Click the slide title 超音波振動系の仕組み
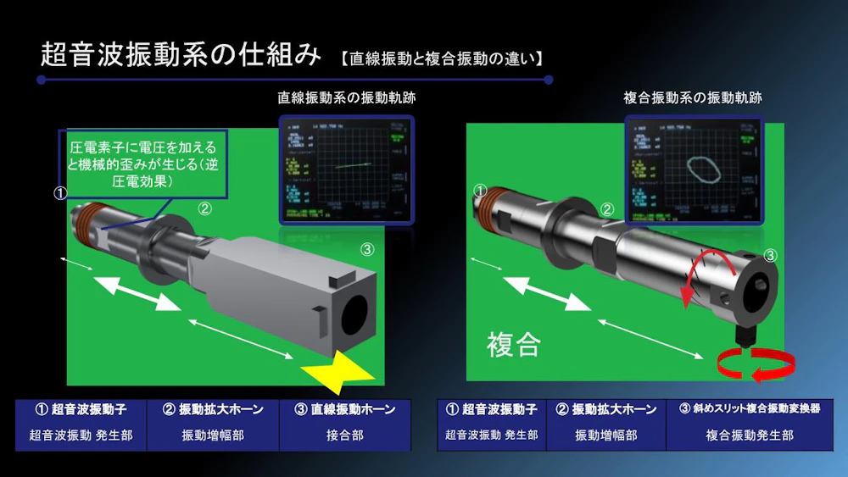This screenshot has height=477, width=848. [181, 55]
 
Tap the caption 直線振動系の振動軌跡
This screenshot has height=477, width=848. [347, 98]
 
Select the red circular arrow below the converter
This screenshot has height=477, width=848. [756, 365]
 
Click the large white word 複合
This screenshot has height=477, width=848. [513, 344]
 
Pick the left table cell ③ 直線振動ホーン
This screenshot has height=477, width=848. [345, 409]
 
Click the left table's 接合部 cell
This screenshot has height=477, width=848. [345, 435]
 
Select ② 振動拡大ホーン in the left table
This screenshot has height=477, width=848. [213, 409]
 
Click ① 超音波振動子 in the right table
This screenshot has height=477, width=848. [492, 409]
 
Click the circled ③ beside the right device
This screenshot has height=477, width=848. [770, 255]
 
